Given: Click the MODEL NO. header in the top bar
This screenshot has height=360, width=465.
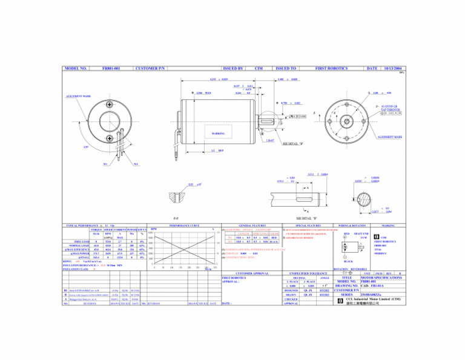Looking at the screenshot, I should point(76,69).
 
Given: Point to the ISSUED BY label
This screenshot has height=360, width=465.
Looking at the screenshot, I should point(232,69).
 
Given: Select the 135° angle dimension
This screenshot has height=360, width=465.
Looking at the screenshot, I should point(86,146).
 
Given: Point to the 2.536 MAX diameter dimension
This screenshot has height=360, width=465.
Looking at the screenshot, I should point(203,93).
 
